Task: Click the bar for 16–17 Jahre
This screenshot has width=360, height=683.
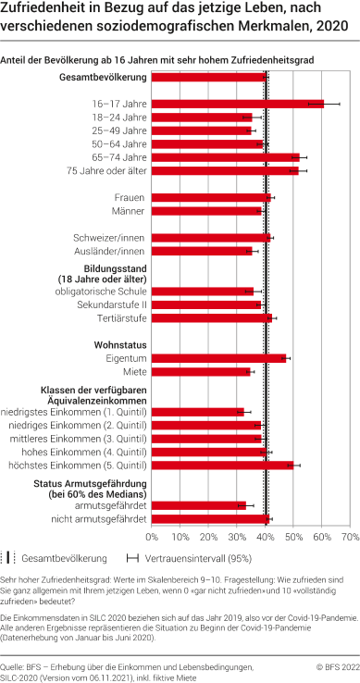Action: (x=237, y=104)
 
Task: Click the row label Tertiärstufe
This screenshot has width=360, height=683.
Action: (x=120, y=317)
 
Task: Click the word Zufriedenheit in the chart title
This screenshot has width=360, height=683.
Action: (x=43, y=9)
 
